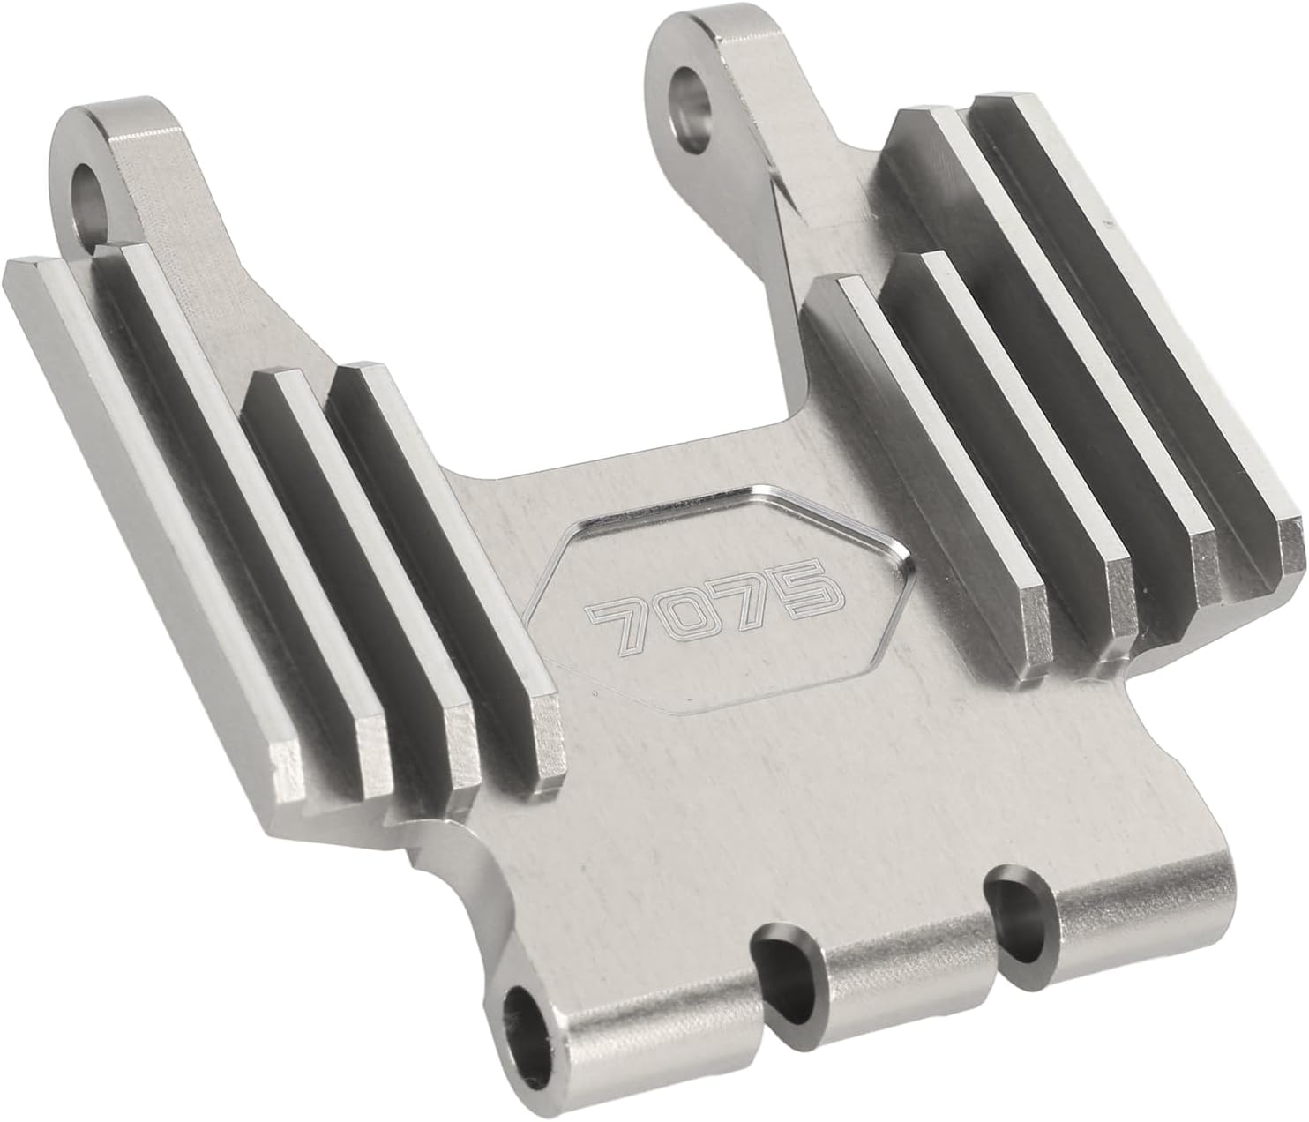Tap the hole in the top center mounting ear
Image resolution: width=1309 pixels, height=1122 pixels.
click(x=692, y=108)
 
